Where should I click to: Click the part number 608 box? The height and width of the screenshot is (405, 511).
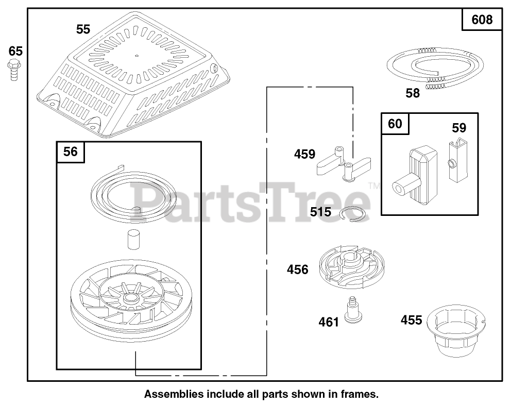click(x=482, y=20)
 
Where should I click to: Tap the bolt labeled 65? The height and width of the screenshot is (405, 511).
click(x=13, y=70)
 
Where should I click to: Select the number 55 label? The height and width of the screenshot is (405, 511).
click(x=83, y=29)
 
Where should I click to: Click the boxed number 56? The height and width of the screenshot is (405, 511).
click(x=71, y=151)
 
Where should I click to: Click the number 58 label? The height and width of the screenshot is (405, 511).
click(x=413, y=93)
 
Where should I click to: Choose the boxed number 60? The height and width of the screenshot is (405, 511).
click(x=395, y=124)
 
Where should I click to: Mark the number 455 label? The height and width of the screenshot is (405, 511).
click(x=411, y=320)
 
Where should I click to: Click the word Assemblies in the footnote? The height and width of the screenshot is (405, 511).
click(x=174, y=394)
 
